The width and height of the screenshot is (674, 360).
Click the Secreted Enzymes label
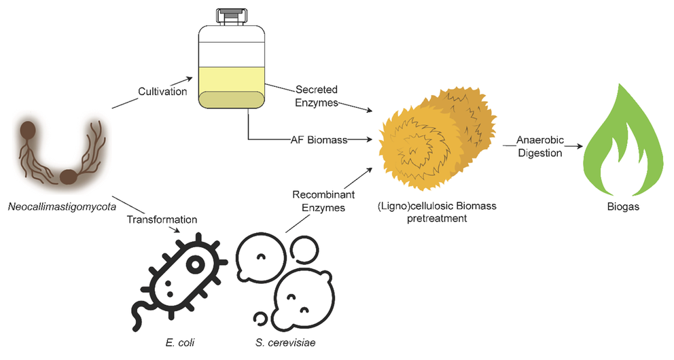pyautogui.click(x=316, y=96)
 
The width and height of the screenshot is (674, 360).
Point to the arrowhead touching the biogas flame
pyautogui.click(x=580, y=146)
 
